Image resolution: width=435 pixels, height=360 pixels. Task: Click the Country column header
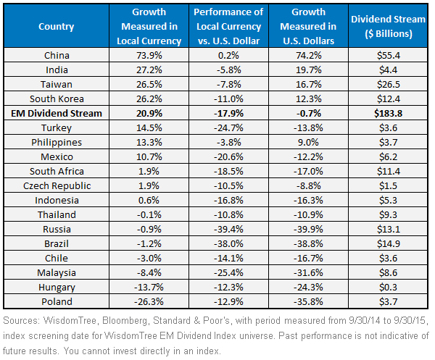click(x=57, y=27)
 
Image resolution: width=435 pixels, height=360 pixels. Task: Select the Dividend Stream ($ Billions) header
click(x=388, y=26)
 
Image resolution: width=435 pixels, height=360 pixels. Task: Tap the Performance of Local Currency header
click(x=228, y=26)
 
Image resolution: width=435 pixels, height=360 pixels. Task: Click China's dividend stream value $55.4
click(x=388, y=56)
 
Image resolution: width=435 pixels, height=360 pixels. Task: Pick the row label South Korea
click(x=57, y=99)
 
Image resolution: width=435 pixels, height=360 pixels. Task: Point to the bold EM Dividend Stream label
click(x=57, y=113)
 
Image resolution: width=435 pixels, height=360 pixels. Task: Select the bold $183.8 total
click(x=388, y=113)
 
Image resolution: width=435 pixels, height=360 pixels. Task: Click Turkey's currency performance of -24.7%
click(x=228, y=127)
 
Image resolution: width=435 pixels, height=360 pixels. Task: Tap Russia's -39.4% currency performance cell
click(x=228, y=229)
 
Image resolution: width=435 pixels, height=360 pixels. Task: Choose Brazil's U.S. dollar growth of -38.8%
click(x=308, y=243)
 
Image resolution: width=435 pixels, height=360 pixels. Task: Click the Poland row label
click(x=57, y=301)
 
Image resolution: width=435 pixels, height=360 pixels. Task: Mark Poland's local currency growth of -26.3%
click(x=149, y=301)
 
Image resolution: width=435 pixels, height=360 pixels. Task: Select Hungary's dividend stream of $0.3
click(x=388, y=287)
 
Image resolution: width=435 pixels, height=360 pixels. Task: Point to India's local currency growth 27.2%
click(x=149, y=70)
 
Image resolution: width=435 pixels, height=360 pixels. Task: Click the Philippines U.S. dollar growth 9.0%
click(x=308, y=143)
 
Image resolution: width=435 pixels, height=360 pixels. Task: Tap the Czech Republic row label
click(x=57, y=185)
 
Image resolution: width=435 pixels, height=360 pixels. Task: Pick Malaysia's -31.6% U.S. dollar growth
click(x=308, y=272)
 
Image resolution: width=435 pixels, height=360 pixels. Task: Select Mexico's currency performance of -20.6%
click(x=228, y=157)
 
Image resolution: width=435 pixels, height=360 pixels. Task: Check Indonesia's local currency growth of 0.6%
click(x=149, y=200)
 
